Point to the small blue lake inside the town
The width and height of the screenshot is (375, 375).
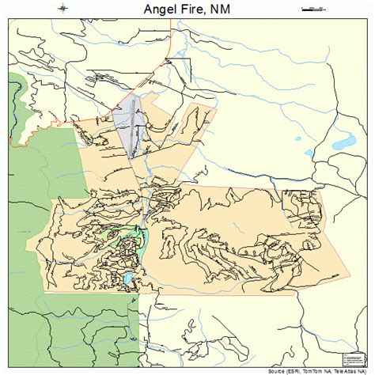point(129,279)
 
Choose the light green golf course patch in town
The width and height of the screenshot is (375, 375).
point(127,237)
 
